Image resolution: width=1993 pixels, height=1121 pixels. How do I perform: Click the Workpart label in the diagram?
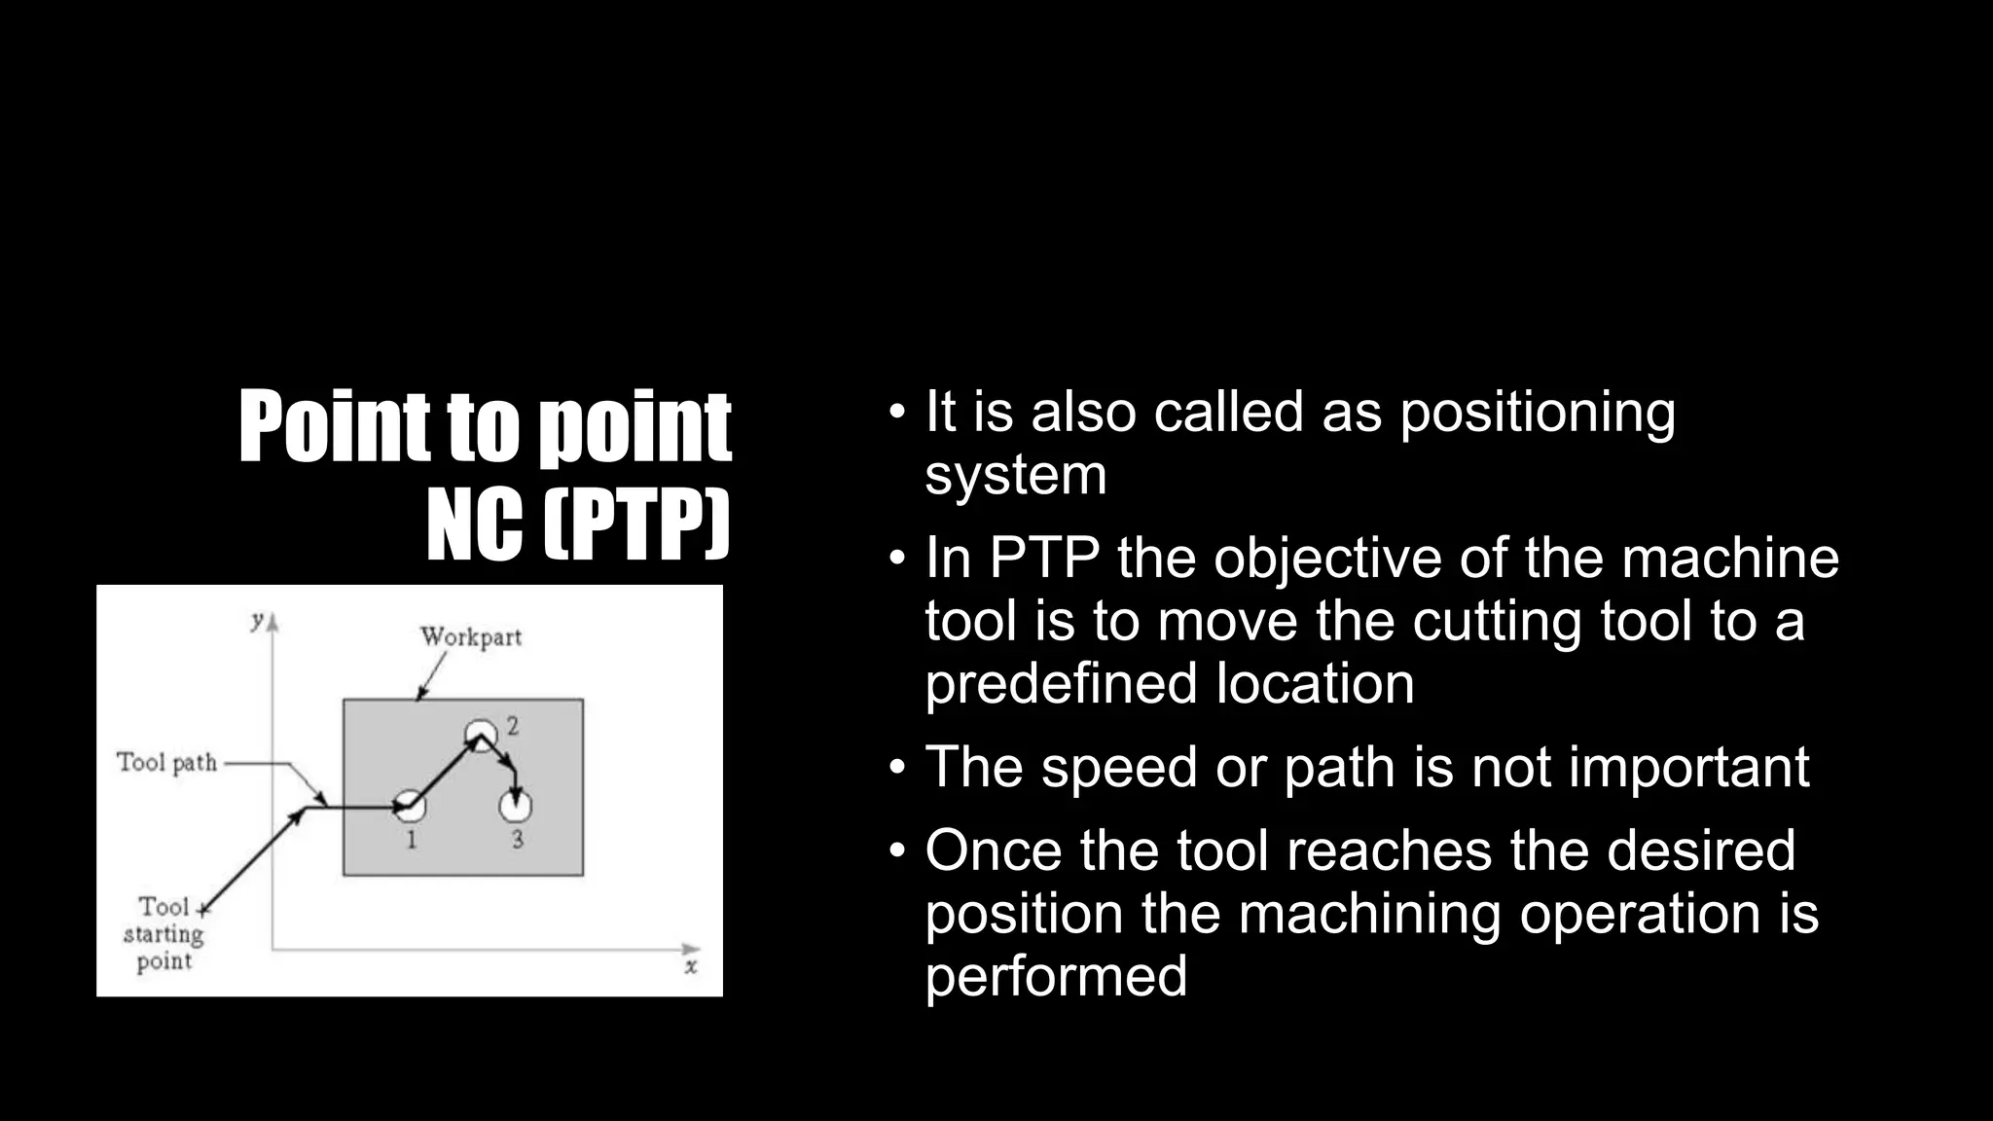click(471, 637)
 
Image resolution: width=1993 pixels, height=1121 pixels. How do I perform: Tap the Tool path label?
click(167, 763)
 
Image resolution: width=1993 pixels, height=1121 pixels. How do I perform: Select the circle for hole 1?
click(411, 806)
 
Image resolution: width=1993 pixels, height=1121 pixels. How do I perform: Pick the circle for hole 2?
click(481, 733)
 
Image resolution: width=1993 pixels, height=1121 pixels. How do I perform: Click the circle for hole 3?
click(516, 806)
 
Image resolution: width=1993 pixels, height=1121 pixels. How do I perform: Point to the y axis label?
click(258, 620)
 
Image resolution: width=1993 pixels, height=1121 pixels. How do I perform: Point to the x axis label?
click(691, 967)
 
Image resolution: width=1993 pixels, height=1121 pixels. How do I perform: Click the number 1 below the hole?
click(411, 840)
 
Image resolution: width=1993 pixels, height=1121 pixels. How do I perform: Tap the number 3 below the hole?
click(517, 840)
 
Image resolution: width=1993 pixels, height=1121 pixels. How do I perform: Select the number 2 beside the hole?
click(513, 726)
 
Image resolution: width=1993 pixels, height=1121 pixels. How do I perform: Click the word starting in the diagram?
click(163, 935)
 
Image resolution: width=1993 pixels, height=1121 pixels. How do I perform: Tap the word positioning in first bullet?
click(1538, 414)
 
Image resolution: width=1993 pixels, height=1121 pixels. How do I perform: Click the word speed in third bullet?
click(1119, 769)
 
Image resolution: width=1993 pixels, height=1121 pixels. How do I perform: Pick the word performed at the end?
click(1056, 976)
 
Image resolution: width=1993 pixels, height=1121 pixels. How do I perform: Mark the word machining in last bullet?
click(1370, 915)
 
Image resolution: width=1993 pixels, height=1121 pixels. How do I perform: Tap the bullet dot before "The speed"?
click(897, 767)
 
